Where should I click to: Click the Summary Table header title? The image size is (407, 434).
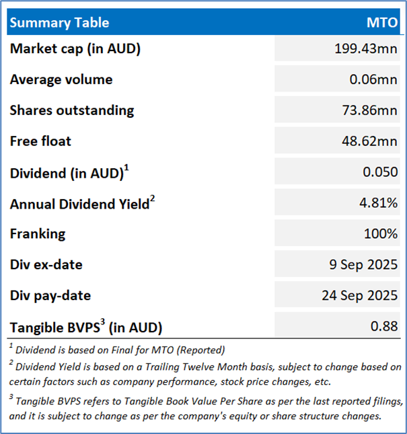coord(59,23)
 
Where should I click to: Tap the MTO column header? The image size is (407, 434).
coord(381,23)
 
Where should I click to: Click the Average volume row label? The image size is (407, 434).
coord(61,79)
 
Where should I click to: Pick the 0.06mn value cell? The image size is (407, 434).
coord(375,79)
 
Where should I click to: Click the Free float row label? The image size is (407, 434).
coord(40,141)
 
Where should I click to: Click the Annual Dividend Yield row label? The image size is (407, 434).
coord(79,204)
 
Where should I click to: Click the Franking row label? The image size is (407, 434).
coord(38,234)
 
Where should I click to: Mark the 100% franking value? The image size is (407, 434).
coord(382,234)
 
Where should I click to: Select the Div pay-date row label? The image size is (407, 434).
coord(50,296)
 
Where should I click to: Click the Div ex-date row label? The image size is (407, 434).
coord(46,265)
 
